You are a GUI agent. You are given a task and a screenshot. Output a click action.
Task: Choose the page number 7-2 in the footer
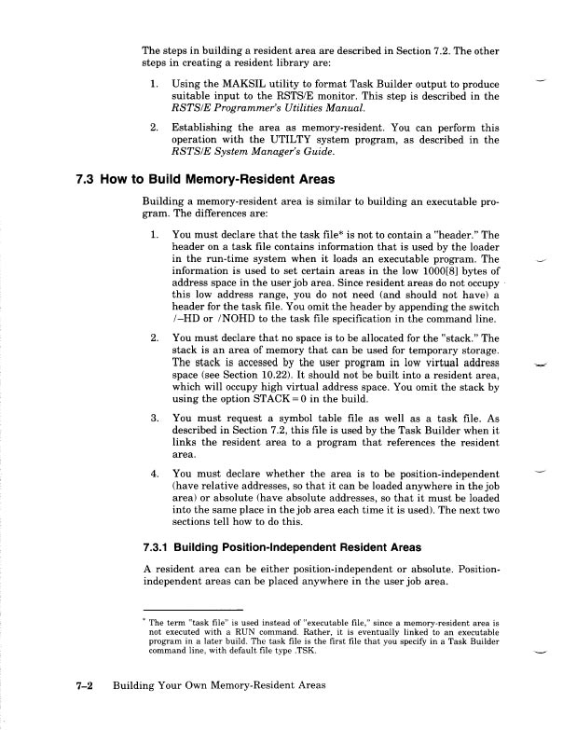coord(89,685)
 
